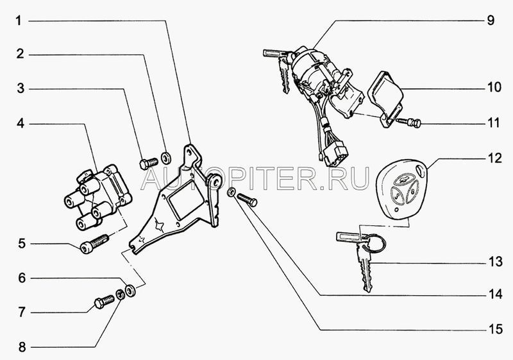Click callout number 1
point(19,21)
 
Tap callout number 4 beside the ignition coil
point(21,123)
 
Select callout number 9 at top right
point(491,21)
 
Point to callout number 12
point(494,158)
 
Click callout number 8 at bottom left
point(22,347)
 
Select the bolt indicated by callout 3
point(149,163)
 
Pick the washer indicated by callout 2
point(167,157)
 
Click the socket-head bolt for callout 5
point(94,244)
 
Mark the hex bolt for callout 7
point(105,301)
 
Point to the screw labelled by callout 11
point(408,123)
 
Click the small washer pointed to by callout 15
point(231,192)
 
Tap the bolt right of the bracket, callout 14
point(247,200)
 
